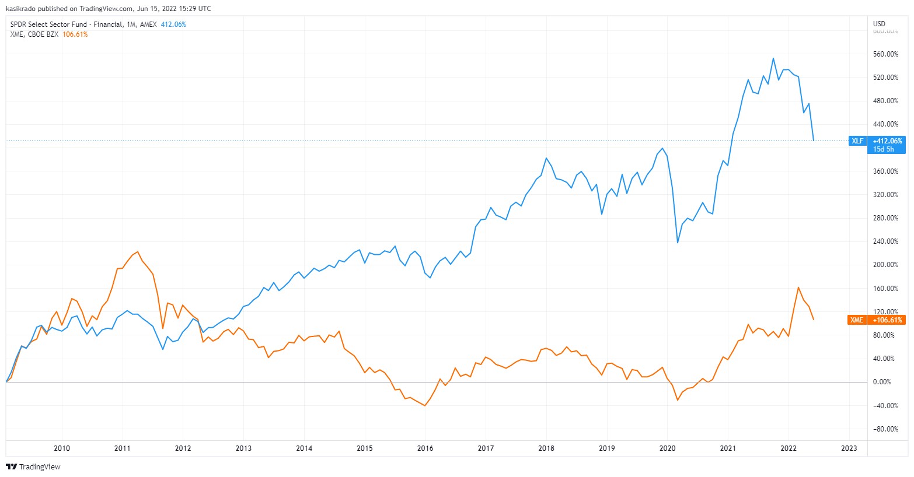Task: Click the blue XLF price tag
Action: click(x=857, y=141)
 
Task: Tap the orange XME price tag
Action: click(x=856, y=320)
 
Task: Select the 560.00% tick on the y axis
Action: click(x=885, y=54)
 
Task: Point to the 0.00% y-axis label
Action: click(x=881, y=382)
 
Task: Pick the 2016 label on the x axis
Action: click(x=425, y=448)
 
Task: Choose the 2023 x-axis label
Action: click(x=849, y=448)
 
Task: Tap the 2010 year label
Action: click(x=62, y=448)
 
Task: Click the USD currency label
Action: click(x=879, y=24)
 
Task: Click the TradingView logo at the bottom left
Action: click(x=33, y=467)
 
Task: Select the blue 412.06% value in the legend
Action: click(x=173, y=24)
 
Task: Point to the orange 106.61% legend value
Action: click(x=75, y=34)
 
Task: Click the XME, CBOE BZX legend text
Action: click(x=34, y=34)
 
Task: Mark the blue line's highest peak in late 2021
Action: click(x=773, y=58)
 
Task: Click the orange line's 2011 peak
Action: click(x=137, y=252)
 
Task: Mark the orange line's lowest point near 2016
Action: click(x=424, y=405)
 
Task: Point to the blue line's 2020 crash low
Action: click(x=678, y=243)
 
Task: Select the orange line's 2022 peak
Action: click(x=798, y=287)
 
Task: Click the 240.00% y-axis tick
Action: click(x=885, y=241)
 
